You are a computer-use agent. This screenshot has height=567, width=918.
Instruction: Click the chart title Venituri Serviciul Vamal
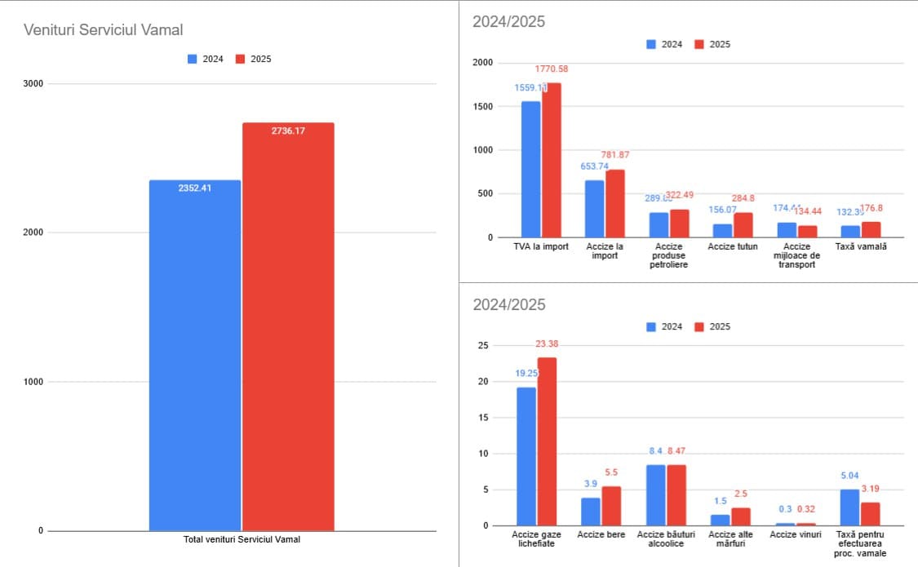click(x=104, y=30)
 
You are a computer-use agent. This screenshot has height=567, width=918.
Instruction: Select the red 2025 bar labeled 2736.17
click(x=288, y=326)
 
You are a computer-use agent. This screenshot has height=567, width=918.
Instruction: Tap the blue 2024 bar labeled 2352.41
click(x=195, y=355)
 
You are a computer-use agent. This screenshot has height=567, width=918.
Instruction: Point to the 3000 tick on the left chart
click(x=33, y=84)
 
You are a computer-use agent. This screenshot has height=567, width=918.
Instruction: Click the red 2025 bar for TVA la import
click(x=552, y=160)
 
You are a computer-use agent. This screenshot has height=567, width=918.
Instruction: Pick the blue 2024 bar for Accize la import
click(x=594, y=209)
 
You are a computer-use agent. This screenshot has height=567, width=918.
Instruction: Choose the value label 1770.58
click(x=552, y=69)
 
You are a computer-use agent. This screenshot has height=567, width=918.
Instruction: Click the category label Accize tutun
click(x=733, y=246)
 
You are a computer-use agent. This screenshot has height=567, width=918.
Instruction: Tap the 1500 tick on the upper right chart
click(x=482, y=107)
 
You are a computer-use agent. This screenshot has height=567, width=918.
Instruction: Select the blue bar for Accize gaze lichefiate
click(x=526, y=456)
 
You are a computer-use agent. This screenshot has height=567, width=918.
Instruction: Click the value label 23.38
click(x=547, y=344)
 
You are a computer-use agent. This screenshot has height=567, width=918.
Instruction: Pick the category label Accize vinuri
click(x=796, y=534)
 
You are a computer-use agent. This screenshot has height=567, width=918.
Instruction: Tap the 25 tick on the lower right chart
click(x=483, y=346)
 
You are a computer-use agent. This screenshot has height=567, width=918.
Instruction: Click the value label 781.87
click(x=616, y=155)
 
